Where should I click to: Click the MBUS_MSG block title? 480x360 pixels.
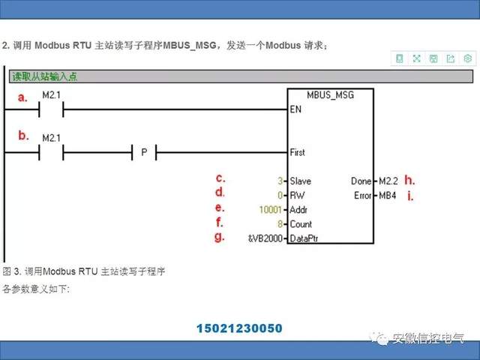pos(330,95)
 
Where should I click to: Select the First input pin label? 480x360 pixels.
pos(298,152)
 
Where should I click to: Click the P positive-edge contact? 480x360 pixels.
pos(144,152)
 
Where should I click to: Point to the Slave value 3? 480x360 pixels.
pos(280,181)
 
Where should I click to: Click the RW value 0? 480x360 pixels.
pos(280,195)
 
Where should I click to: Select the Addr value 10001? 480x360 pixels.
pos(270,209)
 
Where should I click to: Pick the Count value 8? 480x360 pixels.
pos(280,223)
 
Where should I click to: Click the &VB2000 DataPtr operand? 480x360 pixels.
pos(265,238)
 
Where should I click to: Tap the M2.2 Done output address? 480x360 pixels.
pos(388,181)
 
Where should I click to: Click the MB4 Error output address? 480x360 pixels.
pos(387,195)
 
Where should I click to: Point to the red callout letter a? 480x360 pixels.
pos(22,97)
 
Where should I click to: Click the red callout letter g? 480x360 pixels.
pos(220,236)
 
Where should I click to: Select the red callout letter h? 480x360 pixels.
pos(409,180)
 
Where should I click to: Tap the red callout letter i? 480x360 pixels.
pos(409,196)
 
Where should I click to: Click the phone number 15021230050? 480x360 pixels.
pos(239,328)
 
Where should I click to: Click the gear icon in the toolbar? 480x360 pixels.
pos(467,58)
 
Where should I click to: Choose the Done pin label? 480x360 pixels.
pos(361,181)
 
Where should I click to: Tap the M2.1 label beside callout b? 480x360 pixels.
pos(51,138)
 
